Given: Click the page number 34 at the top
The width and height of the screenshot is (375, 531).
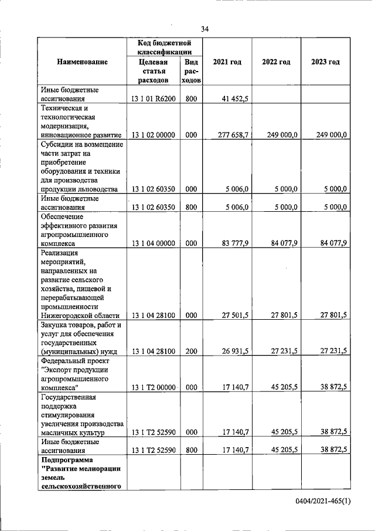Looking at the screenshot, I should click(x=204, y=29).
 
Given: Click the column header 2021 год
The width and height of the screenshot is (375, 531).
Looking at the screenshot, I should click(x=227, y=62).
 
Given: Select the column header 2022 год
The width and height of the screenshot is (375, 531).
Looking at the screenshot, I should click(x=276, y=62).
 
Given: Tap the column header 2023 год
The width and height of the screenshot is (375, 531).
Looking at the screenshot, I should click(x=325, y=62).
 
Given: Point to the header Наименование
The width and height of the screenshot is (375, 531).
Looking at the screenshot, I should click(x=82, y=62).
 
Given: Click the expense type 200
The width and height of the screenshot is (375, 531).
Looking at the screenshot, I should click(x=191, y=351).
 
